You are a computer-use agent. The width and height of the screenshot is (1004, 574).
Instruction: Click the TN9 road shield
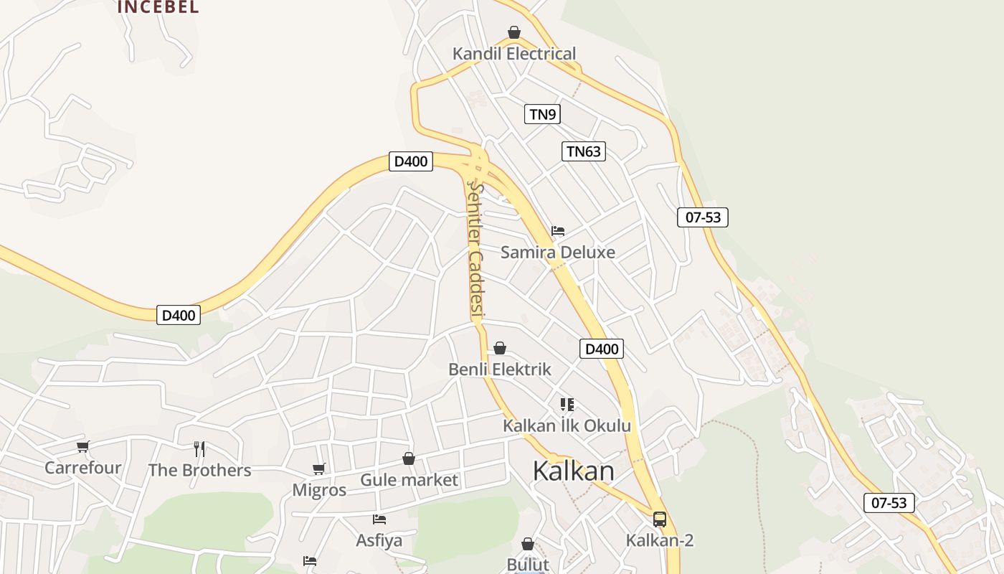[x=542, y=113]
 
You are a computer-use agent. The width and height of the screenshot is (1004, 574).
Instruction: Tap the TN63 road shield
[x=584, y=151]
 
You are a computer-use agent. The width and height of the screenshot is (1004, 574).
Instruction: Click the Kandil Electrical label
[x=513, y=54]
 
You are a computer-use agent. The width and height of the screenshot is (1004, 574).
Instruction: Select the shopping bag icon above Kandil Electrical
[x=513, y=32]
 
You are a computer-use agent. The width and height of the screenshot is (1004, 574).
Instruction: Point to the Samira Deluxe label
[x=557, y=252]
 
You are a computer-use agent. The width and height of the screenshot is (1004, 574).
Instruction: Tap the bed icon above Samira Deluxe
[x=558, y=231]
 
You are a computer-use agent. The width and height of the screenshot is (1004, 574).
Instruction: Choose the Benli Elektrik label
[x=499, y=369]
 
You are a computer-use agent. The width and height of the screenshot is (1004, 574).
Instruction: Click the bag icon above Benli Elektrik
[x=500, y=348]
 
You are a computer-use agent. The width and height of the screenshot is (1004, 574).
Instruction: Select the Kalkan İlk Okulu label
[x=567, y=425]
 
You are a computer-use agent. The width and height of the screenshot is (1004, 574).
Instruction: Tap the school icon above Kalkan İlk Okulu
[x=567, y=405]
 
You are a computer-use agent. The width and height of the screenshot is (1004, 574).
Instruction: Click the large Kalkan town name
[x=573, y=471]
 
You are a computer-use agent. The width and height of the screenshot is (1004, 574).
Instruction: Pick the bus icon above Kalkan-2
[x=660, y=519]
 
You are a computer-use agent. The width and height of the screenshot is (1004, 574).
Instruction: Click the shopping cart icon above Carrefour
[x=83, y=447]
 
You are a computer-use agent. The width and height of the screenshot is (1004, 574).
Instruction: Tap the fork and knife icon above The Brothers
[x=199, y=449]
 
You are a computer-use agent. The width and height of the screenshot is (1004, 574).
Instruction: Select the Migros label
[x=319, y=490]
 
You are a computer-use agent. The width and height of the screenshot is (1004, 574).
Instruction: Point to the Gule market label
[x=409, y=479]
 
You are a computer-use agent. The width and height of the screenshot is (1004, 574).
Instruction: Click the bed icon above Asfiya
[x=379, y=519]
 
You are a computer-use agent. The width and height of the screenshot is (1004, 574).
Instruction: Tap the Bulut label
[x=528, y=564]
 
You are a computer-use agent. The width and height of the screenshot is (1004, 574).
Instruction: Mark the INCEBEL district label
[x=158, y=7]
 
